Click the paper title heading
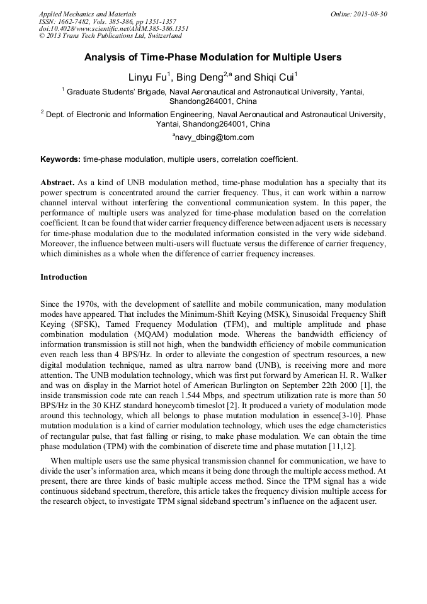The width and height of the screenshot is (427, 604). click(x=213, y=57)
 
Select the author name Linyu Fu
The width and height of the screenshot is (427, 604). click(x=147, y=77)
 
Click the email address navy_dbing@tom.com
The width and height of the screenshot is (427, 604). click(x=214, y=137)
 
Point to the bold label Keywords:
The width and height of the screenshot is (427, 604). click(x=60, y=159)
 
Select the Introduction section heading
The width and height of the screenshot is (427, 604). click(x=64, y=277)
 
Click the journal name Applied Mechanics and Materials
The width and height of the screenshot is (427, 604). click(x=88, y=14)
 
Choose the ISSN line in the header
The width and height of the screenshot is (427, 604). click(x=108, y=21)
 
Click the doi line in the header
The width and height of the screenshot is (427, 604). click(x=113, y=28)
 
